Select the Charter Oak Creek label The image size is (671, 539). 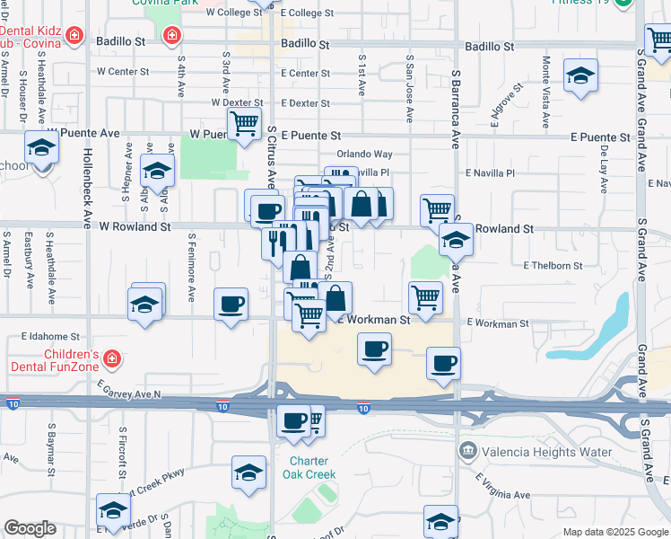click(x=311, y=468)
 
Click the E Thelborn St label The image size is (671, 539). click(x=553, y=266)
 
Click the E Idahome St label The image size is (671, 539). click(x=51, y=336)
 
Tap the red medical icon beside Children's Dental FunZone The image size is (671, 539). click(x=111, y=359)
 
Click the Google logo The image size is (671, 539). click(x=30, y=529)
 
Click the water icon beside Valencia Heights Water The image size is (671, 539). click(x=466, y=449)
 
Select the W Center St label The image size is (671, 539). click(x=123, y=71)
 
